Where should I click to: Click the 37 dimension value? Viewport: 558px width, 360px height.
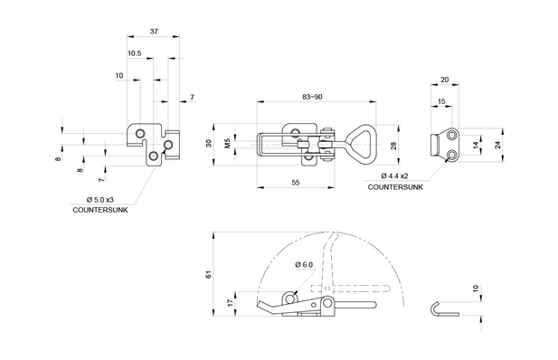154,32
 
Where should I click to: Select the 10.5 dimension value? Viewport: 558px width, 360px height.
134,53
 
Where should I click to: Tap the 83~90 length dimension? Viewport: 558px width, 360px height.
312,97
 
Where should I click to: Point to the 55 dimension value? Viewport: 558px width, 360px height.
296,183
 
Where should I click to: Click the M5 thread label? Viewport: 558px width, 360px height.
228,143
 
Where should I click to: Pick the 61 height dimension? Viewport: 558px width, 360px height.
209,274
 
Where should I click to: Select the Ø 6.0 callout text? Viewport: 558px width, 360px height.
304,264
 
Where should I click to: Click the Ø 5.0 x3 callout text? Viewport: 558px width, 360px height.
100,199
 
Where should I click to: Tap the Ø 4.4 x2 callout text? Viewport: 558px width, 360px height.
394,175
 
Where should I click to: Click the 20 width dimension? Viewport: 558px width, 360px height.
444,80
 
